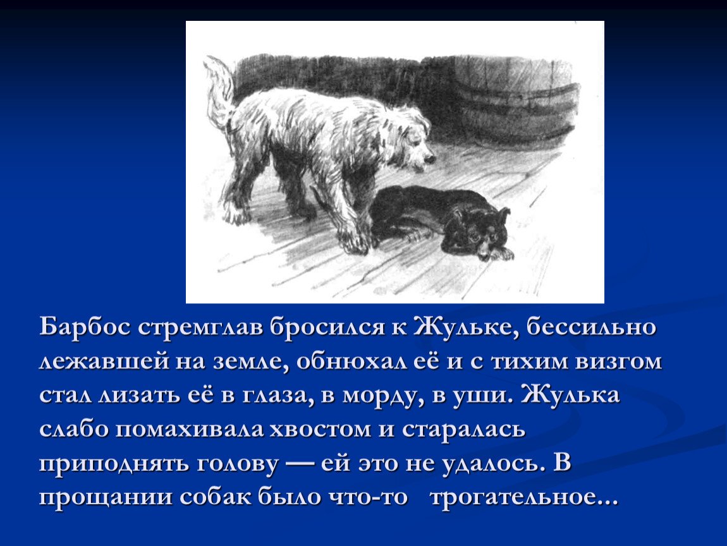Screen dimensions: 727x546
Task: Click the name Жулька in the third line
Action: click(570, 395)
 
